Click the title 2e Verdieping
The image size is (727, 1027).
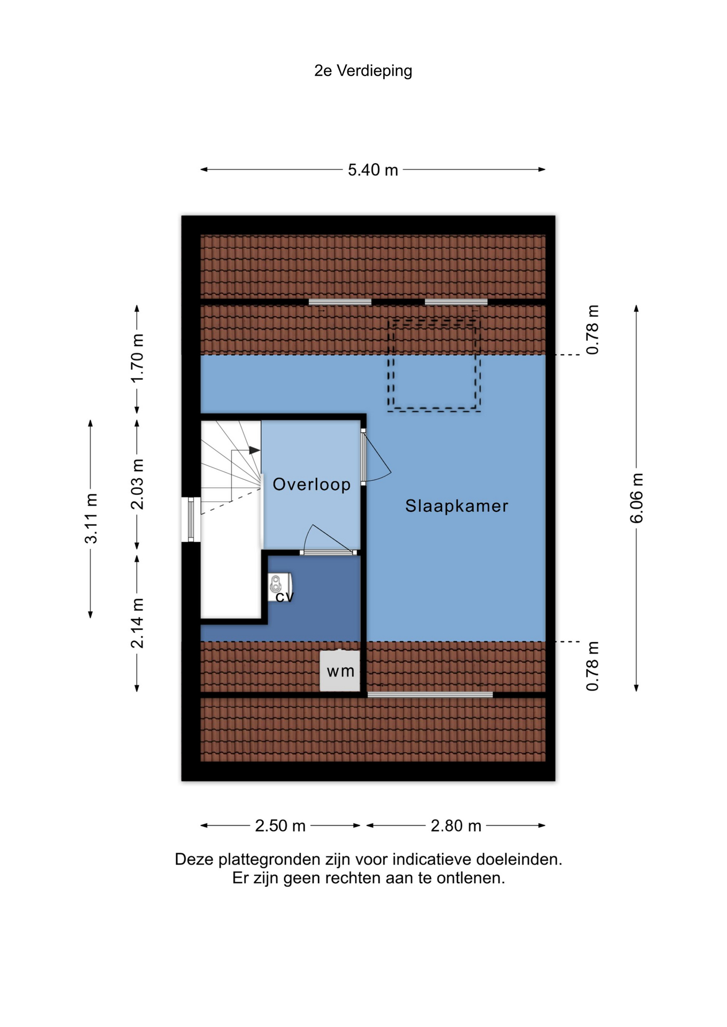pyautogui.click(x=363, y=71)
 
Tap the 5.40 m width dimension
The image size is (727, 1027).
pyautogui.click(x=373, y=170)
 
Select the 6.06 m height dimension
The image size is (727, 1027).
pyautogui.click(x=637, y=498)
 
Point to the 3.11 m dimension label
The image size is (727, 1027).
pyautogui.click(x=91, y=518)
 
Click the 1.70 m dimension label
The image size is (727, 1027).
pyautogui.click(x=138, y=358)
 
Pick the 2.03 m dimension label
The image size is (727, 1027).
pyautogui.click(x=138, y=484)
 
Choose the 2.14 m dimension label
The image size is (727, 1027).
pyautogui.click(x=138, y=623)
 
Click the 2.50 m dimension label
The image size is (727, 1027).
pyautogui.click(x=280, y=825)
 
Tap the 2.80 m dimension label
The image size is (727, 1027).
pyautogui.click(x=456, y=825)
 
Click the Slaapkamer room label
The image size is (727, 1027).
pyautogui.click(x=457, y=505)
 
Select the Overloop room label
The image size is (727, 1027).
pyautogui.click(x=312, y=484)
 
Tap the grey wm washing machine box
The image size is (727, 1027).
pyautogui.click(x=340, y=671)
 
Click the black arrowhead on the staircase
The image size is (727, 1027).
pyautogui.click(x=255, y=450)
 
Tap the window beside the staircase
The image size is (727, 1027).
pyautogui.click(x=191, y=519)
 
